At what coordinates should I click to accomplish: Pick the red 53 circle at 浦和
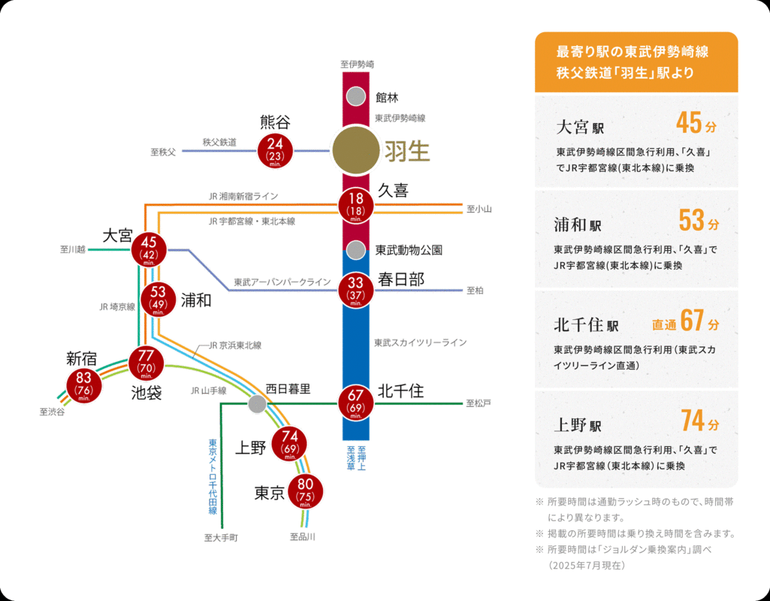tap(159, 299)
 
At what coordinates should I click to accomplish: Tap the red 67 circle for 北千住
tap(355, 403)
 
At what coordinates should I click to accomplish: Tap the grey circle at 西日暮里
tap(257, 404)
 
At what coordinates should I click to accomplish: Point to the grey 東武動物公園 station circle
tap(355, 249)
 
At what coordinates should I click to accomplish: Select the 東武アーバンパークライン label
tap(282, 282)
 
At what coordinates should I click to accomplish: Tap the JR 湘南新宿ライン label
tap(243, 196)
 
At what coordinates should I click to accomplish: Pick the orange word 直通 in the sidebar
tap(664, 325)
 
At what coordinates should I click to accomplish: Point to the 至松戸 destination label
tap(479, 403)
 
